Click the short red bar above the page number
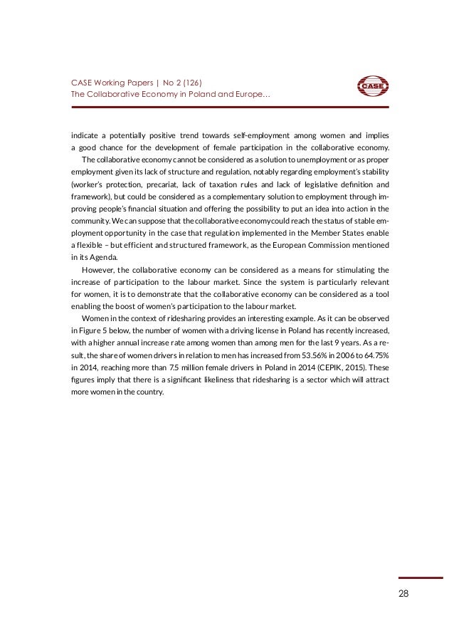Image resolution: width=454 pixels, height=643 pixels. [411, 577]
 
